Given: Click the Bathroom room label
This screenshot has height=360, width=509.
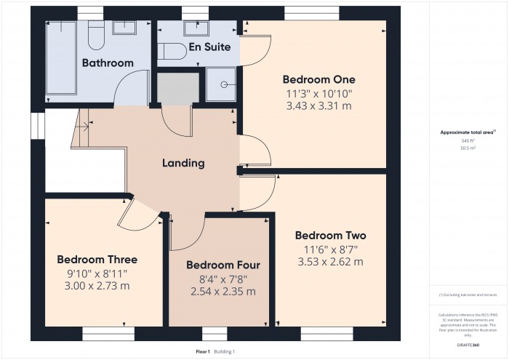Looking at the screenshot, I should tap(108, 63).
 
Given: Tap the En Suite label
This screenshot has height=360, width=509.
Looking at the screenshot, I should tap(209, 47).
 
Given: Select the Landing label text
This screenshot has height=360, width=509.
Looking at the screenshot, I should tap(183, 163).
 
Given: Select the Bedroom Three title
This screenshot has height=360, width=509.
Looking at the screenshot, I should tap(97, 259).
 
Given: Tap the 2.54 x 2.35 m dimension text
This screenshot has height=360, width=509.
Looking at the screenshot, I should tap(223, 291).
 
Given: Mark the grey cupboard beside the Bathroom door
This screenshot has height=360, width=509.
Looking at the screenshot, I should tap(178, 89).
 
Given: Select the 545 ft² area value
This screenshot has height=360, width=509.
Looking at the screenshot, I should tap(468, 140).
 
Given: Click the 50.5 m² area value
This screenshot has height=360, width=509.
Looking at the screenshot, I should tap(468, 148).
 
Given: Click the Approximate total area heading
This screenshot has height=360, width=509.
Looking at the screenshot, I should tap(467, 132).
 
